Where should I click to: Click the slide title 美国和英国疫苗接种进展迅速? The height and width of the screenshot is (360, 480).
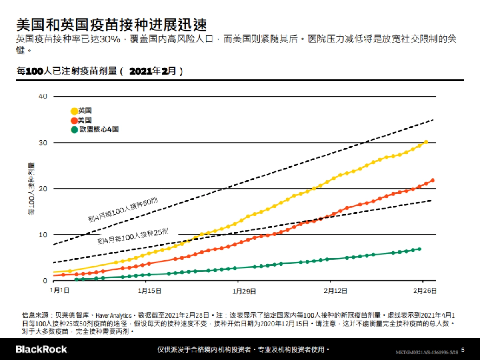112,25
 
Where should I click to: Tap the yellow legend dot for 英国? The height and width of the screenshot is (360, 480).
74,111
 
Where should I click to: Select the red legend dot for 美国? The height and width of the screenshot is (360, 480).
74,120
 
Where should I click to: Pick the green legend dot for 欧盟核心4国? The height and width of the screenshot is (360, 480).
74,130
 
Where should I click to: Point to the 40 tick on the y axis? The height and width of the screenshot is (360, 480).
43,96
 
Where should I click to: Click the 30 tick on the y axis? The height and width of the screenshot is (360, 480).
43,143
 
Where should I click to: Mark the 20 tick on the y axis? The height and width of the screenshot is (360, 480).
43,188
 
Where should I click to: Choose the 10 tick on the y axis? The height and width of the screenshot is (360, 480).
43,234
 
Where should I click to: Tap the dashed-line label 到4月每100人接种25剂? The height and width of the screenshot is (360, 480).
133,236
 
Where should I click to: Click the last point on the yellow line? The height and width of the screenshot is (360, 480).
426,142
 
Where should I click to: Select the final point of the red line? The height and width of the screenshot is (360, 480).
432,180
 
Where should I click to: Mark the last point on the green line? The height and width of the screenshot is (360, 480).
419,249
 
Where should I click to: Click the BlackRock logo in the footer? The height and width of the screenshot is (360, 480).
42,349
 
